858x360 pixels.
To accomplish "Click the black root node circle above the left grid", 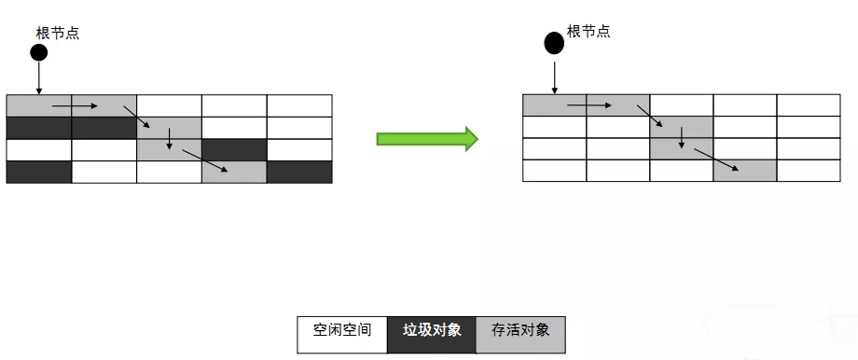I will [38, 52].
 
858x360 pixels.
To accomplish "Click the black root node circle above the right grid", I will [554, 43].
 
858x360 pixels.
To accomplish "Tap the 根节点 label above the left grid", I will [58, 33].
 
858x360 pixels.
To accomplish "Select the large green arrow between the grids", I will [427, 139].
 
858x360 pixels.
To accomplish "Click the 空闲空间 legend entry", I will [342, 331].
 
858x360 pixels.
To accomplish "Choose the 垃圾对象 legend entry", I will [432, 331].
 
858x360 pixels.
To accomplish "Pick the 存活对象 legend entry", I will [520, 331].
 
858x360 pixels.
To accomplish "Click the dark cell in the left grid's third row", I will [234, 149].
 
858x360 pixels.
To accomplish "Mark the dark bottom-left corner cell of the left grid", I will [39, 172].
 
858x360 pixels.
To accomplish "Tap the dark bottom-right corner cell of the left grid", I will [299, 172].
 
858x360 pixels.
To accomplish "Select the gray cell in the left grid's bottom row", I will [234, 172].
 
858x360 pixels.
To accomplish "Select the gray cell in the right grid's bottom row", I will [745, 171].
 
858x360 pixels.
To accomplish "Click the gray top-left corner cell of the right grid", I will [554, 105].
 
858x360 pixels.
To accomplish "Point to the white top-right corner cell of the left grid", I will [299, 105].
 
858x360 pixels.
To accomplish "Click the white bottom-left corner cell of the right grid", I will [554, 171].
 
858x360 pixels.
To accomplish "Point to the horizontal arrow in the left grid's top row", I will [75, 105].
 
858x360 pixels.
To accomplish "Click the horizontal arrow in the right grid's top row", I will [589, 105].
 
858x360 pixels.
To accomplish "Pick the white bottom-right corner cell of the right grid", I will [809, 171].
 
